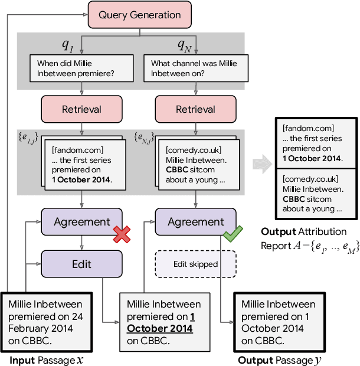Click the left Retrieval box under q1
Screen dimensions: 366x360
(81, 109)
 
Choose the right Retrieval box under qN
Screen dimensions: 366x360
(196, 109)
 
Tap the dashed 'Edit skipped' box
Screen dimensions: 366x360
(196, 264)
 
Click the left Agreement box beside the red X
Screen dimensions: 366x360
(81, 222)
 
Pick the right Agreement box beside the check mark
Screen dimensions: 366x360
(196, 222)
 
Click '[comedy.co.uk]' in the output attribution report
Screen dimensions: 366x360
(310, 178)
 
